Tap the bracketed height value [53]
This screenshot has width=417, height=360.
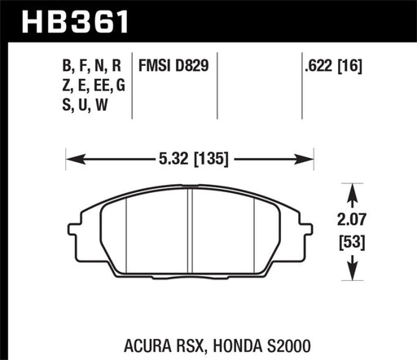(353, 241)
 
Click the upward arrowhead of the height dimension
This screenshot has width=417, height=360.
(353, 191)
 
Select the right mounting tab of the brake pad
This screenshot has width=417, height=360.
(306, 224)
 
